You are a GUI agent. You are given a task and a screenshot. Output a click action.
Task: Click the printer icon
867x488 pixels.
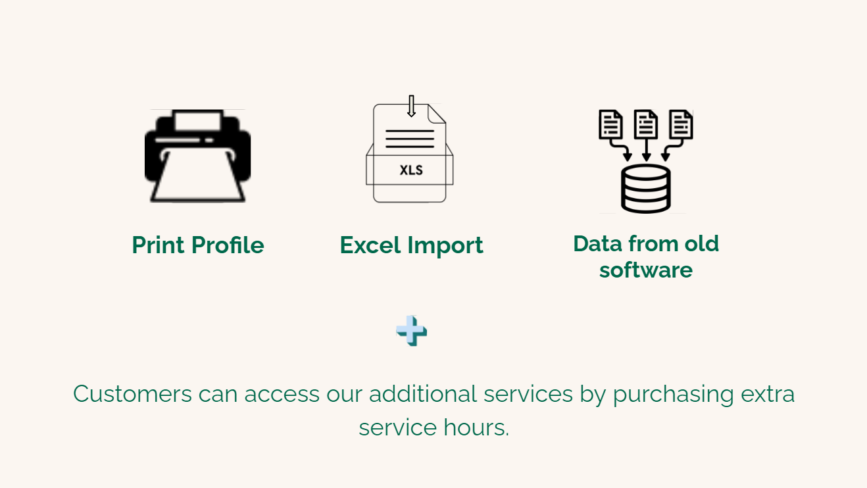(x=197, y=156)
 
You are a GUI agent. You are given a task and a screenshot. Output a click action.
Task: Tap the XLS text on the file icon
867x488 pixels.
(x=411, y=170)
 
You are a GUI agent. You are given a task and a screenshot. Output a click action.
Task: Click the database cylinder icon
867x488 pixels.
(x=645, y=189)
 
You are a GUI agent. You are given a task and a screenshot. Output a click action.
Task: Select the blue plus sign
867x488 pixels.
(x=411, y=331)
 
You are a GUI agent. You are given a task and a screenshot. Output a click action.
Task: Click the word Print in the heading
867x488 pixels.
(x=157, y=245)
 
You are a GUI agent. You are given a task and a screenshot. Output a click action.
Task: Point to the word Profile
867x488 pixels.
(x=228, y=245)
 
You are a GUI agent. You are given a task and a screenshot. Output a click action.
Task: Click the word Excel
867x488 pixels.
(x=370, y=245)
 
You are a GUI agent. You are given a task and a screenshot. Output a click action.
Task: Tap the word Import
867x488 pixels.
(x=445, y=246)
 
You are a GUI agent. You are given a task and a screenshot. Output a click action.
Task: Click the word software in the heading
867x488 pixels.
(x=646, y=270)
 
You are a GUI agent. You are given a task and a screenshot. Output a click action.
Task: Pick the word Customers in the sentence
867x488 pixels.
(x=132, y=394)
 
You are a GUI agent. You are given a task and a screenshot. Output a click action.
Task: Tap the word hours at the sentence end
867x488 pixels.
(x=476, y=427)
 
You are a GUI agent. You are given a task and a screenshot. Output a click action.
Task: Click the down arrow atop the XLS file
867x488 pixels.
(x=411, y=106)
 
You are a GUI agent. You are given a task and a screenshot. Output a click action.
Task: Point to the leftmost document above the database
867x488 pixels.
(x=610, y=124)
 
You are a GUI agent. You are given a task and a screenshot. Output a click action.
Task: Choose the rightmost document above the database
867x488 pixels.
(x=681, y=124)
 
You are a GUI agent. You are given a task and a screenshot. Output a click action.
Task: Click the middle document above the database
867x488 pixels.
(x=645, y=124)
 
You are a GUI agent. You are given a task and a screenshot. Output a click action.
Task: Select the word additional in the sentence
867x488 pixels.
(x=423, y=394)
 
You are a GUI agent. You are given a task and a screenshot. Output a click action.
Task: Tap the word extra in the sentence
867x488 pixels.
(x=768, y=395)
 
